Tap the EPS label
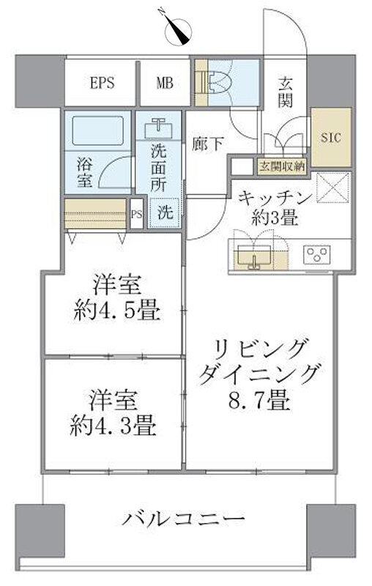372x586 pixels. coord(103,83)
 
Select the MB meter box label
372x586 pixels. coord(165,83)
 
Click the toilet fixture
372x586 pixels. coord(218,82)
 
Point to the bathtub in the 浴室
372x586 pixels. coord(97,131)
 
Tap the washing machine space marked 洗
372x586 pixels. coord(165,212)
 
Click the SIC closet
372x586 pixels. coord(331,137)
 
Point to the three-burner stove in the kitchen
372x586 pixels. coord(317,253)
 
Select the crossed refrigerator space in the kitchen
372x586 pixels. coord(333,188)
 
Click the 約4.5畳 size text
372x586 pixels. coord(117,312)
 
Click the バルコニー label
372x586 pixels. coord(184,519)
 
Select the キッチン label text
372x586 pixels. coord(275,198)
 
